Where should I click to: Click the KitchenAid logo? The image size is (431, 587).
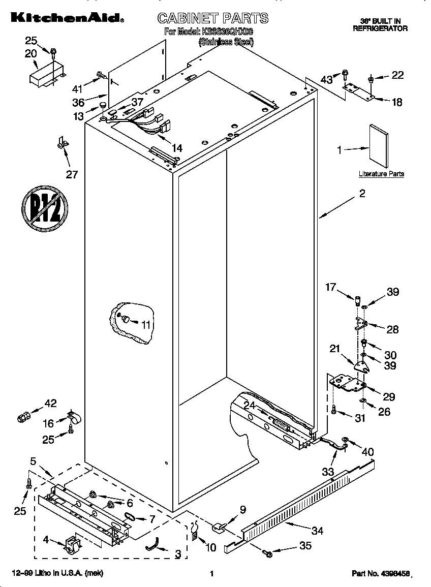65,18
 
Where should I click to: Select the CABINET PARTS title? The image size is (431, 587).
212,19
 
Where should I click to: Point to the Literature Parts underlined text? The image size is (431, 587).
381,174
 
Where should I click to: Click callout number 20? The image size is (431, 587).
30,53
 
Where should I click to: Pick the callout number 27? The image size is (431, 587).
72,174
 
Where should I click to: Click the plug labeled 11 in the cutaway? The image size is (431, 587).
125,319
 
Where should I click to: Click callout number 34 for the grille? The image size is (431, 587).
317,531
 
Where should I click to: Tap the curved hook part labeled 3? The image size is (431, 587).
152,545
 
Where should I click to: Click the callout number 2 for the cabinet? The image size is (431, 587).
362,193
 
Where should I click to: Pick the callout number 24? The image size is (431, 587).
249,405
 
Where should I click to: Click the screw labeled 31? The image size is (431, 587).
333,409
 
